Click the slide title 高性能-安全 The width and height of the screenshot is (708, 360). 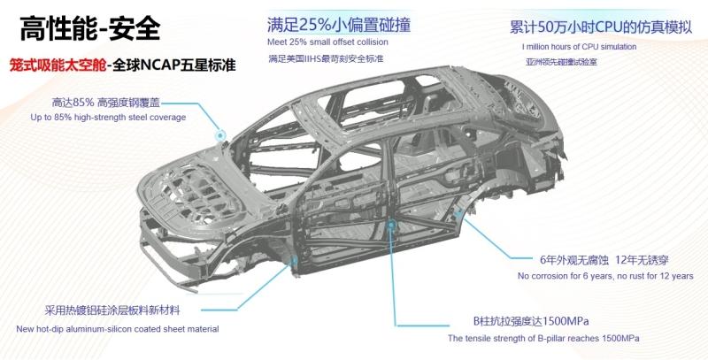[89, 28]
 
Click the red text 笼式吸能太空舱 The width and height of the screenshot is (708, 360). [58, 65]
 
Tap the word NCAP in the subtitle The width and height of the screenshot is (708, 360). [160, 65]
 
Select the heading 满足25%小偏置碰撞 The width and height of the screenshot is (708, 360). [339, 25]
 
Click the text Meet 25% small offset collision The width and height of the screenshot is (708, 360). [327, 42]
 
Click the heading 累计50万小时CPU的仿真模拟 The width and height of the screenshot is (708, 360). [601, 27]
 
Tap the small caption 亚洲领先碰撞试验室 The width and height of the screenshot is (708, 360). [561, 62]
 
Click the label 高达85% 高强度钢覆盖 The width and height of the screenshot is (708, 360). [106, 103]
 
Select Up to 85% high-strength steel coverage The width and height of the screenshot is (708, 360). [108, 118]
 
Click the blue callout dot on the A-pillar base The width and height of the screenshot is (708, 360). [220, 134]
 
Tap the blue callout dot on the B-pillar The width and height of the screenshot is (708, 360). [391, 224]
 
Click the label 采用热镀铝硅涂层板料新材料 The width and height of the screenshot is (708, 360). [112, 310]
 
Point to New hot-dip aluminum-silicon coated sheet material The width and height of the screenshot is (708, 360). [118, 329]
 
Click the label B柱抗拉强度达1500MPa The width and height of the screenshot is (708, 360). [531, 321]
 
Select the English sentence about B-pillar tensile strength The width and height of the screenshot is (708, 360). [543, 339]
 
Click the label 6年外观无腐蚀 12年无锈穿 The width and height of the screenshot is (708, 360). [604, 260]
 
